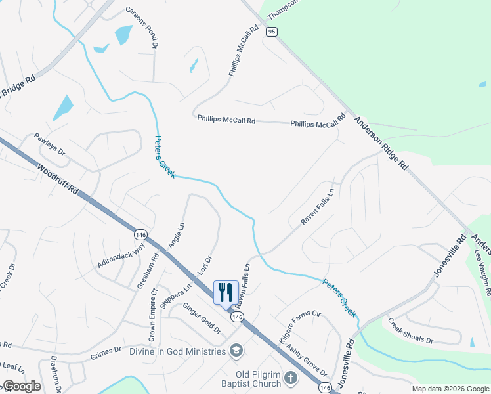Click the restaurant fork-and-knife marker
pos(226,292)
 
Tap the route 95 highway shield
pos(270,31)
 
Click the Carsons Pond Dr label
pos(142,28)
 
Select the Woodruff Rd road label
pos(58,179)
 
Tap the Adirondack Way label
pos(121,257)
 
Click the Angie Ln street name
pos(176,234)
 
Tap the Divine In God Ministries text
pos(177,351)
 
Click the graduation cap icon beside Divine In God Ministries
pos(236,351)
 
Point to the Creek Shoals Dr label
pos(410,331)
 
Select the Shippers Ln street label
pos(179,294)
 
